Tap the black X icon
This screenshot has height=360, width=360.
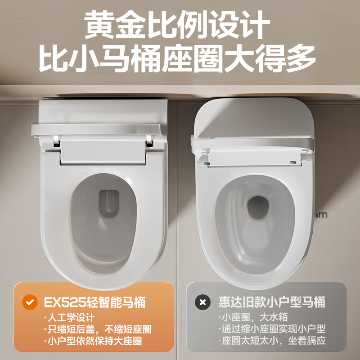[x=202, y=302]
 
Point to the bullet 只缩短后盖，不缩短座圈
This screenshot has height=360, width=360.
[x=98, y=329]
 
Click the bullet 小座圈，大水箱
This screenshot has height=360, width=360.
[x=246, y=317]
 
